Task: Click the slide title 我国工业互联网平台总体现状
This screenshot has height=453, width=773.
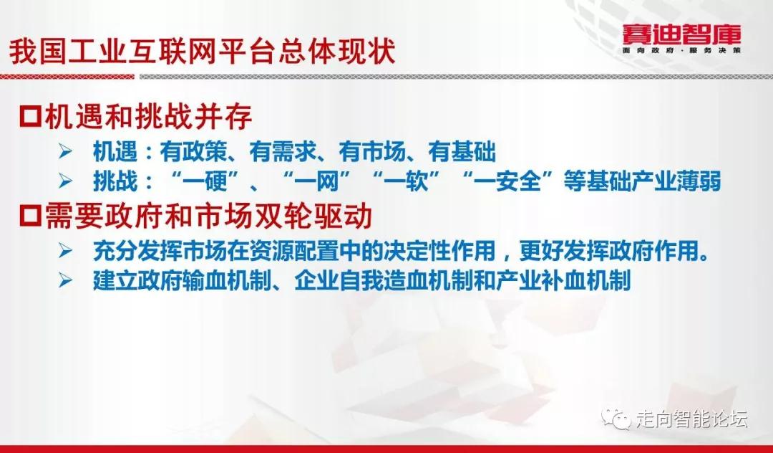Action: [x=202, y=52]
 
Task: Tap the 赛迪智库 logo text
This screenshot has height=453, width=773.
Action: [x=682, y=34]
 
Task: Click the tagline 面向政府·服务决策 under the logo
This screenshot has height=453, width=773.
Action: [x=682, y=50]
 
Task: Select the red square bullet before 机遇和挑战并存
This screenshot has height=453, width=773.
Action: [x=30, y=117]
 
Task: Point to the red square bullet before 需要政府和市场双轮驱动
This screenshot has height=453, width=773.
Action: [x=30, y=216]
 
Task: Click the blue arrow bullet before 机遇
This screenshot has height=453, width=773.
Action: [x=66, y=151]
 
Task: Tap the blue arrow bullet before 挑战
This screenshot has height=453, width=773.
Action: [x=66, y=181]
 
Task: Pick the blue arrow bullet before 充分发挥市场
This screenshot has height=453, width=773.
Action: [x=66, y=251]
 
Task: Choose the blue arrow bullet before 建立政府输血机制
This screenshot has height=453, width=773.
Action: [x=66, y=281]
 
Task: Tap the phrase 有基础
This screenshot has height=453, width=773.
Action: [x=462, y=151]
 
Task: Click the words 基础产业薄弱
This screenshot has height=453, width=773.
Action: [x=653, y=181]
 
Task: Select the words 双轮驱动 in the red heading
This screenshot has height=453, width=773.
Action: [x=313, y=216]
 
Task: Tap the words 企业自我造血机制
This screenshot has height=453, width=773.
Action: [x=384, y=281]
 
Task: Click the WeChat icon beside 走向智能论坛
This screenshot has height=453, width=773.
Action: [x=616, y=419]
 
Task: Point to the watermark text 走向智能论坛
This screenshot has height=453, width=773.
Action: [x=691, y=419]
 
